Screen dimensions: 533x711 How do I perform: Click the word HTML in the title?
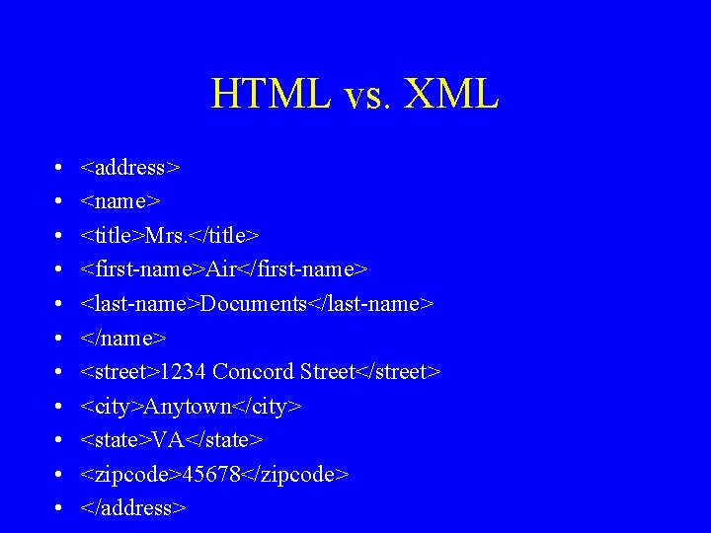point(267,95)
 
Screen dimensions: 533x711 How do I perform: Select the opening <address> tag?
point(130,168)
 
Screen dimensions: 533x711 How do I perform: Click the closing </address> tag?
point(133,508)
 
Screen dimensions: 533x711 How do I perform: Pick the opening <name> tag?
point(120,201)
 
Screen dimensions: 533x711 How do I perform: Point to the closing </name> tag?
point(123,339)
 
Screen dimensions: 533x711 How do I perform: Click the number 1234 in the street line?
point(183,372)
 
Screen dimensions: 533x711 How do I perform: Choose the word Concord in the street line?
point(249,372)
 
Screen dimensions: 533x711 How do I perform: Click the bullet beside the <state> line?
point(59,440)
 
